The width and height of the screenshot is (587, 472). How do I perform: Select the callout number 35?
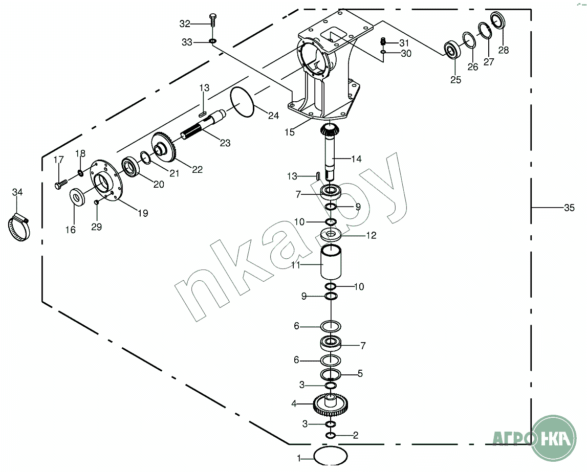pyautogui.click(x=569, y=208)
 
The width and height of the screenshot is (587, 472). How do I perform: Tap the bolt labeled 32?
pyautogui.click(x=213, y=20)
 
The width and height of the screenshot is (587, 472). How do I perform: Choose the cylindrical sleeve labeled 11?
pyautogui.click(x=331, y=261)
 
